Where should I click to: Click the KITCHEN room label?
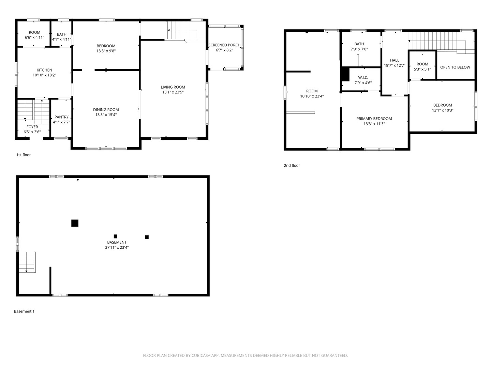pos(44,70)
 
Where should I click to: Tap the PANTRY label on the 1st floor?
pos(61,117)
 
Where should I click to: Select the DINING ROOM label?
pos(106,110)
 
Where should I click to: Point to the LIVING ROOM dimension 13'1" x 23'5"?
pos(173,92)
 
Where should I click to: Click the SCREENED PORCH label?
pos(224,45)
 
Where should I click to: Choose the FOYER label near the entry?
pos(32,127)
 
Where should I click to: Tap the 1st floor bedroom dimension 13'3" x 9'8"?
pos(106,51)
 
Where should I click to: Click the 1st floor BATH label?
pos(62,34)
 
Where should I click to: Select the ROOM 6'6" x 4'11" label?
pos(34,32)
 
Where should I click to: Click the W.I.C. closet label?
pos(363,78)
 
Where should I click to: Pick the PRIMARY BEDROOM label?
pos(374,119)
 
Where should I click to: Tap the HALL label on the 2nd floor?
pos(395,60)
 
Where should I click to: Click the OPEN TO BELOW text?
pos(455,67)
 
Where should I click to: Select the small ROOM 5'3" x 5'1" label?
pos(422,64)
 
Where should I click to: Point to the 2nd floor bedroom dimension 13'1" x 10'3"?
pos(443,110)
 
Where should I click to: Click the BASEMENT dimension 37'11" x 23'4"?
pos(117,248)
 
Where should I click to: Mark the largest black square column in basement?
pos(75,223)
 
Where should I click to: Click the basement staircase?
pos(27,262)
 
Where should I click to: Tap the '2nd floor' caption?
pos(292,166)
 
